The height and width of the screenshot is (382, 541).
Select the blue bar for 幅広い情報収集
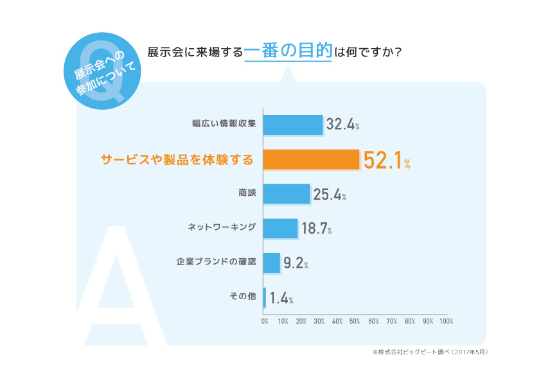tap(292, 125)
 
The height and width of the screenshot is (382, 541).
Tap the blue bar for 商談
tap(286, 194)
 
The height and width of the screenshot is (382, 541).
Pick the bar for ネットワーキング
tap(280, 229)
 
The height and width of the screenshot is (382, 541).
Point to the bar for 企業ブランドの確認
tap(271, 263)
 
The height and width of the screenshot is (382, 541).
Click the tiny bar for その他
tap(264, 297)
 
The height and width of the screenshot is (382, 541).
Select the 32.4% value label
tap(342, 125)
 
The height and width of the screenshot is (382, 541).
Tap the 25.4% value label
tap(330, 195)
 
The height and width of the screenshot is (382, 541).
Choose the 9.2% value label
tap(296, 263)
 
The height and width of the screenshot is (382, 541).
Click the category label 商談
tap(247, 193)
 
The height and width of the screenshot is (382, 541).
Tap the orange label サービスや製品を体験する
tap(177, 159)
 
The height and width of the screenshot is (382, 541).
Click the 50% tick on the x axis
tap(355, 320)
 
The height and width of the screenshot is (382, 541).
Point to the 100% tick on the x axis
tap(447, 320)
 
